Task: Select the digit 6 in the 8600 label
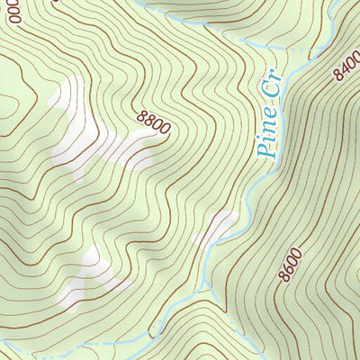click(286, 267)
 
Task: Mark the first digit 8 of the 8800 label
click(142, 114)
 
